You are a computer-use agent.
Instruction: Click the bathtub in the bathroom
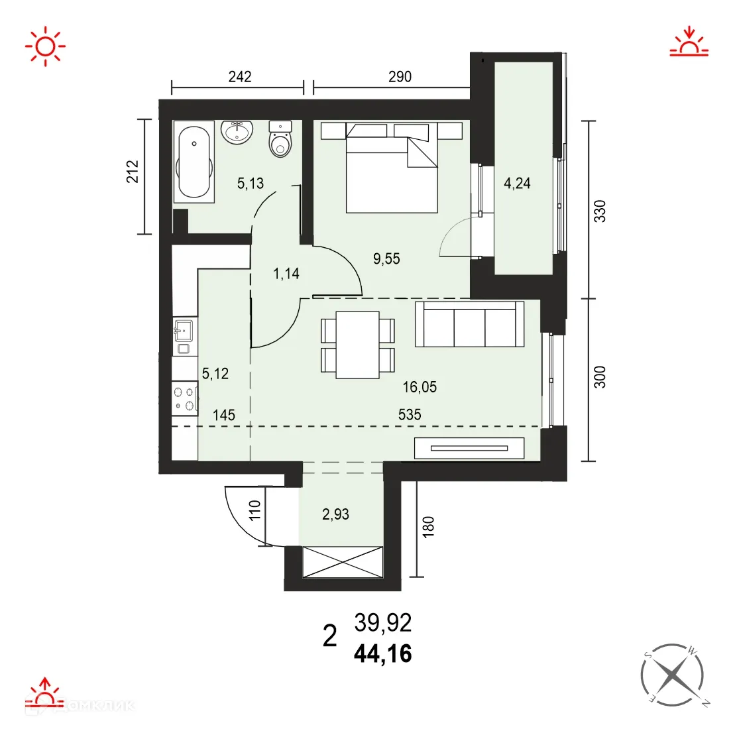pyautogui.click(x=194, y=162)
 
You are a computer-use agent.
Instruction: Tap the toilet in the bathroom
pyautogui.click(x=281, y=141)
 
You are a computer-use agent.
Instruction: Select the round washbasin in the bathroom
pyautogui.click(x=237, y=132)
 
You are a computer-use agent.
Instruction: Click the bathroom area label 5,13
pyautogui.click(x=251, y=184)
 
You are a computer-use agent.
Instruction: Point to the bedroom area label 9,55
pyautogui.click(x=386, y=258)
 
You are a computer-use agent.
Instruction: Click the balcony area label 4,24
pyautogui.click(x=517, y=184)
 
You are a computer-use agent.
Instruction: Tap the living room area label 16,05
pyautogui.click(x=420, y=386)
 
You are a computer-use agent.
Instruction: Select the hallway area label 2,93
pyautogui.click(x=335, y=514)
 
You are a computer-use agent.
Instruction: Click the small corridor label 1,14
pyautogui.click(x=286, y=273)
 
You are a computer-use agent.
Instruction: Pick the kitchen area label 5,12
pyautogui.click(x=215, y=374)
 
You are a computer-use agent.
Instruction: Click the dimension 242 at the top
pyautogui.click(x=240, y=77)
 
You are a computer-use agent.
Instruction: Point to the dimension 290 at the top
pyautogui.click(x=400, y=77)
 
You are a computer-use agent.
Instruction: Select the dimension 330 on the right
pyautogui.click(x=600, y=211)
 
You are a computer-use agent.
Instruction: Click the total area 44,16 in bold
pyautogui.click(x=383, y=654)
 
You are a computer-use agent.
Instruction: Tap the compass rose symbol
pyautogui.click(x=671, y=675)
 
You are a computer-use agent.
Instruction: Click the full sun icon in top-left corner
pyautogui.click(x=45, y=46)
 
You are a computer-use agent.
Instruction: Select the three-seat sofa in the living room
pyautogui.click(x=469, y=325)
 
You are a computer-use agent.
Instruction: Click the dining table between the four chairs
pyautogui.click(x=357, y=345)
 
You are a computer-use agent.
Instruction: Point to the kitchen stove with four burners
pyautogui.click(x=185, y=398)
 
